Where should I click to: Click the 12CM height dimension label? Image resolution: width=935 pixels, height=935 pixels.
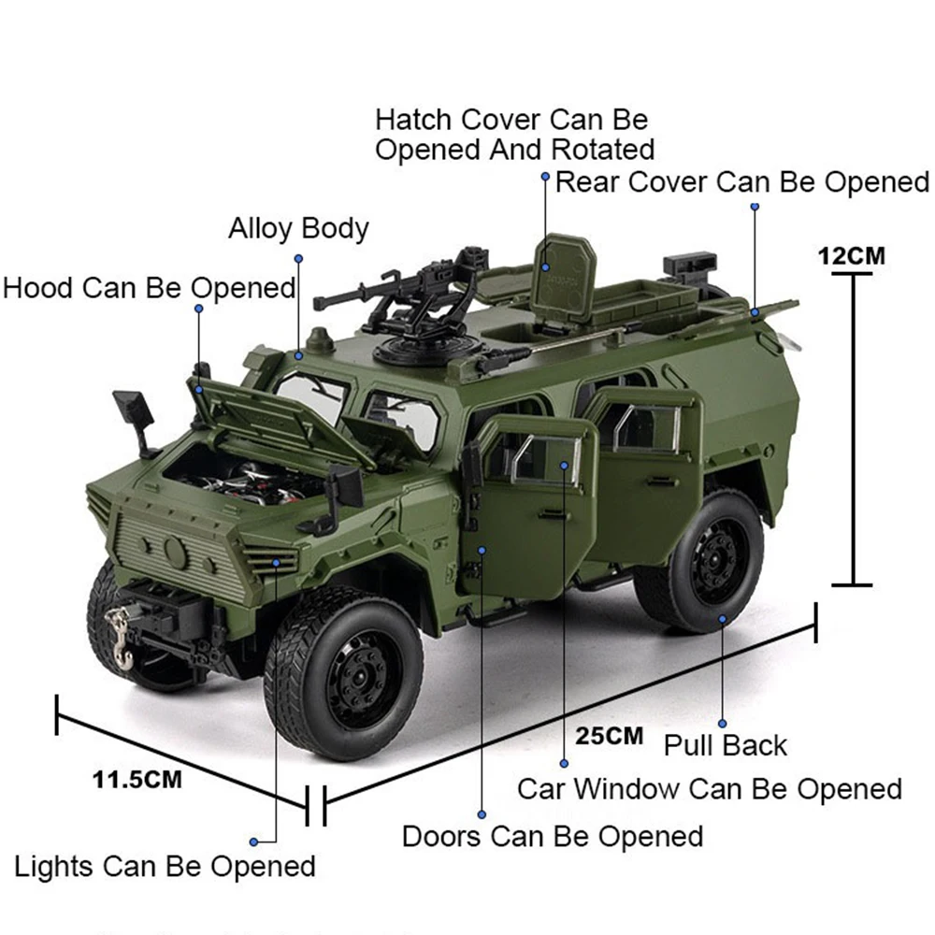851,255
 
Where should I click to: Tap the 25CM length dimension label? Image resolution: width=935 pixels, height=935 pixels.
610,735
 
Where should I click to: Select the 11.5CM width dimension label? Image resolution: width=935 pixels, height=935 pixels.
137,779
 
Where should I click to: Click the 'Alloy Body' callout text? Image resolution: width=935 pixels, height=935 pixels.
298,229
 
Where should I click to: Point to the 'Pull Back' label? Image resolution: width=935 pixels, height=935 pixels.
726,745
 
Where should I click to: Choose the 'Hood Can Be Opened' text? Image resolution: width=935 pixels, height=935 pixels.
150,287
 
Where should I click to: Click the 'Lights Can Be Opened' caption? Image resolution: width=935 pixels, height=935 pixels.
165,866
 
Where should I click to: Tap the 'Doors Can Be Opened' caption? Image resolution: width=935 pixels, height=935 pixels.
553,835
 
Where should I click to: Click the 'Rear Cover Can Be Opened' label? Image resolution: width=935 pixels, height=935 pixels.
742,181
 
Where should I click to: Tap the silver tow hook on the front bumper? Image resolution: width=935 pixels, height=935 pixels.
120,636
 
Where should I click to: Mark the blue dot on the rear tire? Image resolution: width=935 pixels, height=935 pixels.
723,618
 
